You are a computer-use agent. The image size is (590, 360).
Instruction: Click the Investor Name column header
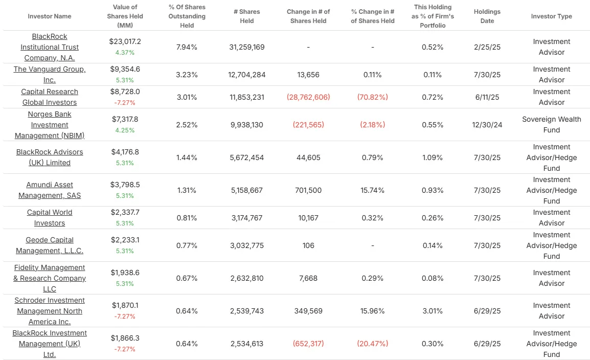(50, 16)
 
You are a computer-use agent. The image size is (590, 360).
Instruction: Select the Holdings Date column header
(487, 16)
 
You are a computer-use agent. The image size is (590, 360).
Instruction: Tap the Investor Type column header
(551, 16)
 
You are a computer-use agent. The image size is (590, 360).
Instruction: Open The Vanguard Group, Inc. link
(50, 75)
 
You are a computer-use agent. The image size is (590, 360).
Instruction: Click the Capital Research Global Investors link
(50, 97)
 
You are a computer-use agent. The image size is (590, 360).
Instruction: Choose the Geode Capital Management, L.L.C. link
(50, 245)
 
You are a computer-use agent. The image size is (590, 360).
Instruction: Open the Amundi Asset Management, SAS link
(50, 190)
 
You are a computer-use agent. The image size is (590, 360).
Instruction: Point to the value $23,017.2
(125, 41)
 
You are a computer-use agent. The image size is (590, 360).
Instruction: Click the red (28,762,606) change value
(308, 97)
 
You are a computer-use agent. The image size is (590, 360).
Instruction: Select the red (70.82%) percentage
(372, 97)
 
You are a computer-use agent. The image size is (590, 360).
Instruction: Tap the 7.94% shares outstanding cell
(187, 47)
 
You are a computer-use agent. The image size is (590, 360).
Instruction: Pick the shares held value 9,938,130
(247, 125)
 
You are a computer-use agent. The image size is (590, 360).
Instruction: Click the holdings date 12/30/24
(487, 125)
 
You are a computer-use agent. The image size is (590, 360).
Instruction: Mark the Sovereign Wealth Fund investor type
(551, 125)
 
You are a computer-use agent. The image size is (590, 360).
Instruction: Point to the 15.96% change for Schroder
(372, 311)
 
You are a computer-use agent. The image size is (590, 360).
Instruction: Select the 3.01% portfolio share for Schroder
(432, 311)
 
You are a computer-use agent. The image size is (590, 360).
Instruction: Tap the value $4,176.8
(125, 152)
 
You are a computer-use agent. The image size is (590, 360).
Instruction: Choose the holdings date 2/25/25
(487, 47)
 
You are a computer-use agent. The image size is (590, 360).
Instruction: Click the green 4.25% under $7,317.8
(125, 130)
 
